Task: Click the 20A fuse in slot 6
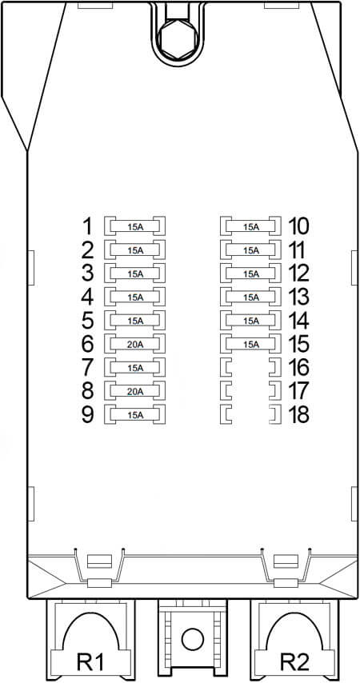pos(135,344)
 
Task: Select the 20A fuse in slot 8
pos(135,391)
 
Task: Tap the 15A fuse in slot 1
pos(135,226)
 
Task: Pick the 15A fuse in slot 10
pos(250,226)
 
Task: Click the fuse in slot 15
pos(250,344)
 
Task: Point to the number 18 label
pos(298,414)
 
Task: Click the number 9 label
pos(88,414)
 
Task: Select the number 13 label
pos(298,297)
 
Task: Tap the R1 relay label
pos(90,662)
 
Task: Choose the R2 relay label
pos(294,662)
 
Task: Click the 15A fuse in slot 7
pos(135,368)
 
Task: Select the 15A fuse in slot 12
pos(250,274)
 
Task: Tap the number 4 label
pos(88,297)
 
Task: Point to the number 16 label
pos(298,368)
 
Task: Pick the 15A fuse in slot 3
pos(135,274)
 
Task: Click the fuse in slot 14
pos(250,321)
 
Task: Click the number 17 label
pos(298,391)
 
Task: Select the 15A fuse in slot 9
pos(135,414)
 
